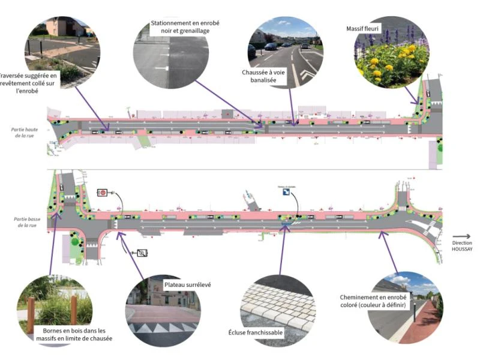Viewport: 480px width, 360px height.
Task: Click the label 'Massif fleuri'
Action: coord(364,28)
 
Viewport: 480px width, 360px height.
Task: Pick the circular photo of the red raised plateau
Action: coord(163,310)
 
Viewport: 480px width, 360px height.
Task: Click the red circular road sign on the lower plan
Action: coord(103,193)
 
